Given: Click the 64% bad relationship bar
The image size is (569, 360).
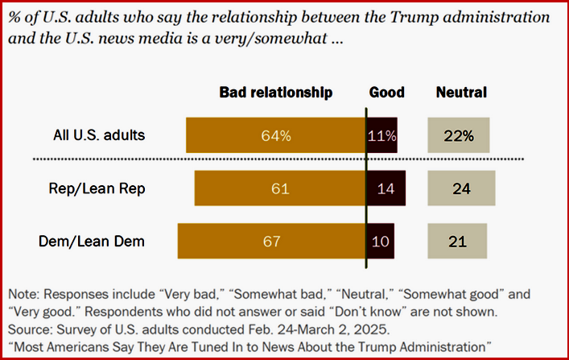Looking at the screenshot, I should (x=275, y=135).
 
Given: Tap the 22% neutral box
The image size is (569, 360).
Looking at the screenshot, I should (x=457, y=135).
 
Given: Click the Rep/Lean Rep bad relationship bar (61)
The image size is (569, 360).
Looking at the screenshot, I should (x=279, y=188).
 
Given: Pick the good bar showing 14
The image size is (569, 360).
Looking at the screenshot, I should (x=386, y=188).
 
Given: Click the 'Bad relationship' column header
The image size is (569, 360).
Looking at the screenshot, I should (x=276, y=93).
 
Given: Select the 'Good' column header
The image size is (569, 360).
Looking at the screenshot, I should (x=386, y=93).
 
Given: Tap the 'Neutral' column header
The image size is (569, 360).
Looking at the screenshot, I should (x=461, y=93).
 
